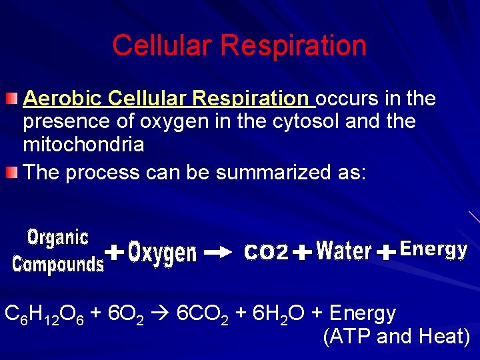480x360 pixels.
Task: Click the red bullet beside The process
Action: pyautogui.click(x=11, y=173)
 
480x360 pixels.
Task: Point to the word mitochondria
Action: pyautogui.click(x=83, y=144)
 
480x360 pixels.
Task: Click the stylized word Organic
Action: pyautogui.click(x=58, y=237)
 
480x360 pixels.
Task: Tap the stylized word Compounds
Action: pyautogui.click(x=59, y=265)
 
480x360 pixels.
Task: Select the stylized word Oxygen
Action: pyautogui.click(x=163, y=253)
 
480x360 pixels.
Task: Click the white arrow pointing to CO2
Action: pyautogui.click(x=217, y=253)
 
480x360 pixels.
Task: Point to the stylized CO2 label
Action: pyautogui.click(x=267, y=253)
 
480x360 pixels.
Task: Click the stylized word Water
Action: pyautogui.click(x=344, y=251)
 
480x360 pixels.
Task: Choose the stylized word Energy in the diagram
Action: pyautogui.click(x=433, y=250)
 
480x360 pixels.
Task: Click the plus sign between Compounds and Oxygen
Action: pyautogui.click(x=115, y=253)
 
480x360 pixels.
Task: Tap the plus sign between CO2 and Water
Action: pyautogui.click(x=302, y=253)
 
